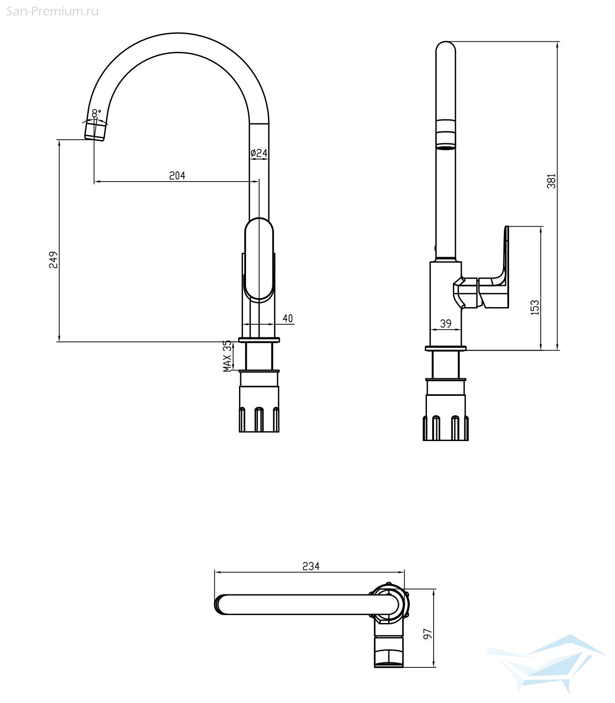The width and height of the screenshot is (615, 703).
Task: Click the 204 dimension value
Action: point(177,176)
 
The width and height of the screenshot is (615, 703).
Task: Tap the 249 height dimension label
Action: point(53,260)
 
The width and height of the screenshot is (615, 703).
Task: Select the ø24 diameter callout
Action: point(259,153)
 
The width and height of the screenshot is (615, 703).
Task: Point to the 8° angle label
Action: point(97,112)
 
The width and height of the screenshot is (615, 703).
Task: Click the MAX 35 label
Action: point(227,356)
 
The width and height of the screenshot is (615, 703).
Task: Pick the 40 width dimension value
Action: point(288,319)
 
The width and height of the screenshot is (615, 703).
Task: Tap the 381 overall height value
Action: point(551,181)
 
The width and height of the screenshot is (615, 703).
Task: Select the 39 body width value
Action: point(445,324)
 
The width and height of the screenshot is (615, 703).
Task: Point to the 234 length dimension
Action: point(311,566)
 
